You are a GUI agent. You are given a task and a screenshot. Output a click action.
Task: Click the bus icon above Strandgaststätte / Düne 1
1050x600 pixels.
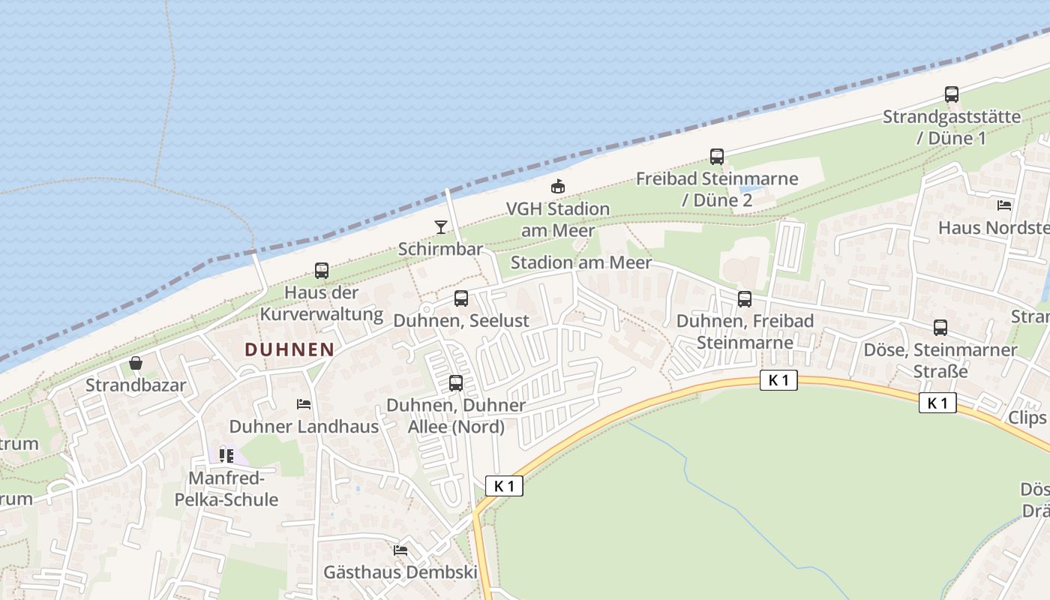pos(952,94)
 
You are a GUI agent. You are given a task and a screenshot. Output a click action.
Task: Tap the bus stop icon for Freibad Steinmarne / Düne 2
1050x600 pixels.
pos(717,157)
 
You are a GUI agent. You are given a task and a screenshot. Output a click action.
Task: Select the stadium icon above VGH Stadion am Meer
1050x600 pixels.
pos(557,186)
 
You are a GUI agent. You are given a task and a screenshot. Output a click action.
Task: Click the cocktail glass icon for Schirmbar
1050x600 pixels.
pos(441,226)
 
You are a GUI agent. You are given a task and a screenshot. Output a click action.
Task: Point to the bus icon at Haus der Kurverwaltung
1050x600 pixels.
pos(322,271)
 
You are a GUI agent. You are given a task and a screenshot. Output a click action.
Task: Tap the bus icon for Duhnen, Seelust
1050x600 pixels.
pos(461,298)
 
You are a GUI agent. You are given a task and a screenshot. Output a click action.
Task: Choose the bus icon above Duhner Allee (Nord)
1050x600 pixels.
pos(455,383)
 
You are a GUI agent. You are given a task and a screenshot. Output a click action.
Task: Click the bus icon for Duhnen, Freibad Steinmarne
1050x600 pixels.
pos(745,299)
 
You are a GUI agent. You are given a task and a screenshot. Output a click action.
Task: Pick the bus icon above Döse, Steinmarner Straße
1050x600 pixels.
pos(940,328)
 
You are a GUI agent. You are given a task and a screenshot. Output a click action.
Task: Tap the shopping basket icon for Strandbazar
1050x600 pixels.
pos(136,364)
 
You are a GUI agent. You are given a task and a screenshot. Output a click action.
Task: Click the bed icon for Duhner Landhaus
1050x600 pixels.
pos(304,404)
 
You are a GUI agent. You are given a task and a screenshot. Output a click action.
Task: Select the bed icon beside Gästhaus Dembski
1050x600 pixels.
pos(400,550)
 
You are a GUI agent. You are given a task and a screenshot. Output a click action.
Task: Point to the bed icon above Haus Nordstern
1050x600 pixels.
pos(1004,205)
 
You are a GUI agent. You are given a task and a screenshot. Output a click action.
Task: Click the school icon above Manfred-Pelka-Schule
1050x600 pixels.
pos(226,455)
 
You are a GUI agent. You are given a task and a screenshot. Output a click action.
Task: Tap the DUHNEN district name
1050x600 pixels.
pos(289,349)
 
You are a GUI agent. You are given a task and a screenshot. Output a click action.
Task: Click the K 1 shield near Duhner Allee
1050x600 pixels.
pos(504,486)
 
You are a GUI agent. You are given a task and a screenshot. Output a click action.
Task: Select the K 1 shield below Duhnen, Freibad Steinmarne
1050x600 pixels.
pos(778,380)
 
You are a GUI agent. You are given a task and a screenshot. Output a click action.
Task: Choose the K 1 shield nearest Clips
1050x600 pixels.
pos(937,403)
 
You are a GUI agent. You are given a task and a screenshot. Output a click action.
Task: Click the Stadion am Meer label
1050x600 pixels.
pos(581,263)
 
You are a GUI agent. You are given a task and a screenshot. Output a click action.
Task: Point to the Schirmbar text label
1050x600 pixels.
pos(440,249)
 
